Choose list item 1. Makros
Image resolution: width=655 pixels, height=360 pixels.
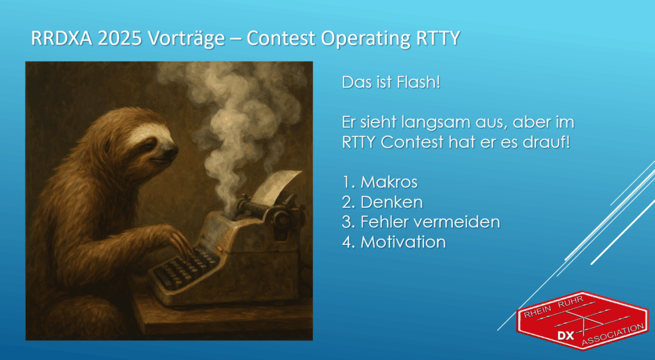(380, 182)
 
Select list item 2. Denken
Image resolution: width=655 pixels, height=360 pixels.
(383, 202)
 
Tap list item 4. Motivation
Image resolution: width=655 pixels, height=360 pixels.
(394, 242)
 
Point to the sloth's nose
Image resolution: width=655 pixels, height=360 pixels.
(171, 152)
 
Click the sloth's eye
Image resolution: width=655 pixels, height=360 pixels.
(148, 145)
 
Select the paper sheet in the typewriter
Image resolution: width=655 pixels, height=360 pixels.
(275, 186)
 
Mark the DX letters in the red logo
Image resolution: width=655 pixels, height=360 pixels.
(565, 336)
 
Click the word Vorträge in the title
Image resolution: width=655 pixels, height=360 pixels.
(185, 39)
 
